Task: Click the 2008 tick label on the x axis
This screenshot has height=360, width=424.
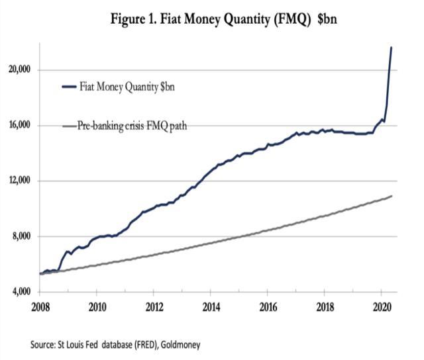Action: (x=40, y=308)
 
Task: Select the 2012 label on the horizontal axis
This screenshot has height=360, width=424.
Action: (x=154, y=308)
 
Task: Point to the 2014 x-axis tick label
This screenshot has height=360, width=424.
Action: (x=211, y=308)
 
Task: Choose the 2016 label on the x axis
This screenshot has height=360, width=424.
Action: (x=267, y=308)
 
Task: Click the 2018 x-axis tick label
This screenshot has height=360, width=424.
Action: (x=324, y=308)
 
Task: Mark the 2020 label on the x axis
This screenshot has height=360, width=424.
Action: (x=380, y=308)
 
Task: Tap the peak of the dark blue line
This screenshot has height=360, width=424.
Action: (x=391, y=48)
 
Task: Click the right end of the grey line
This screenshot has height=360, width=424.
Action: (x=392, y=196)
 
